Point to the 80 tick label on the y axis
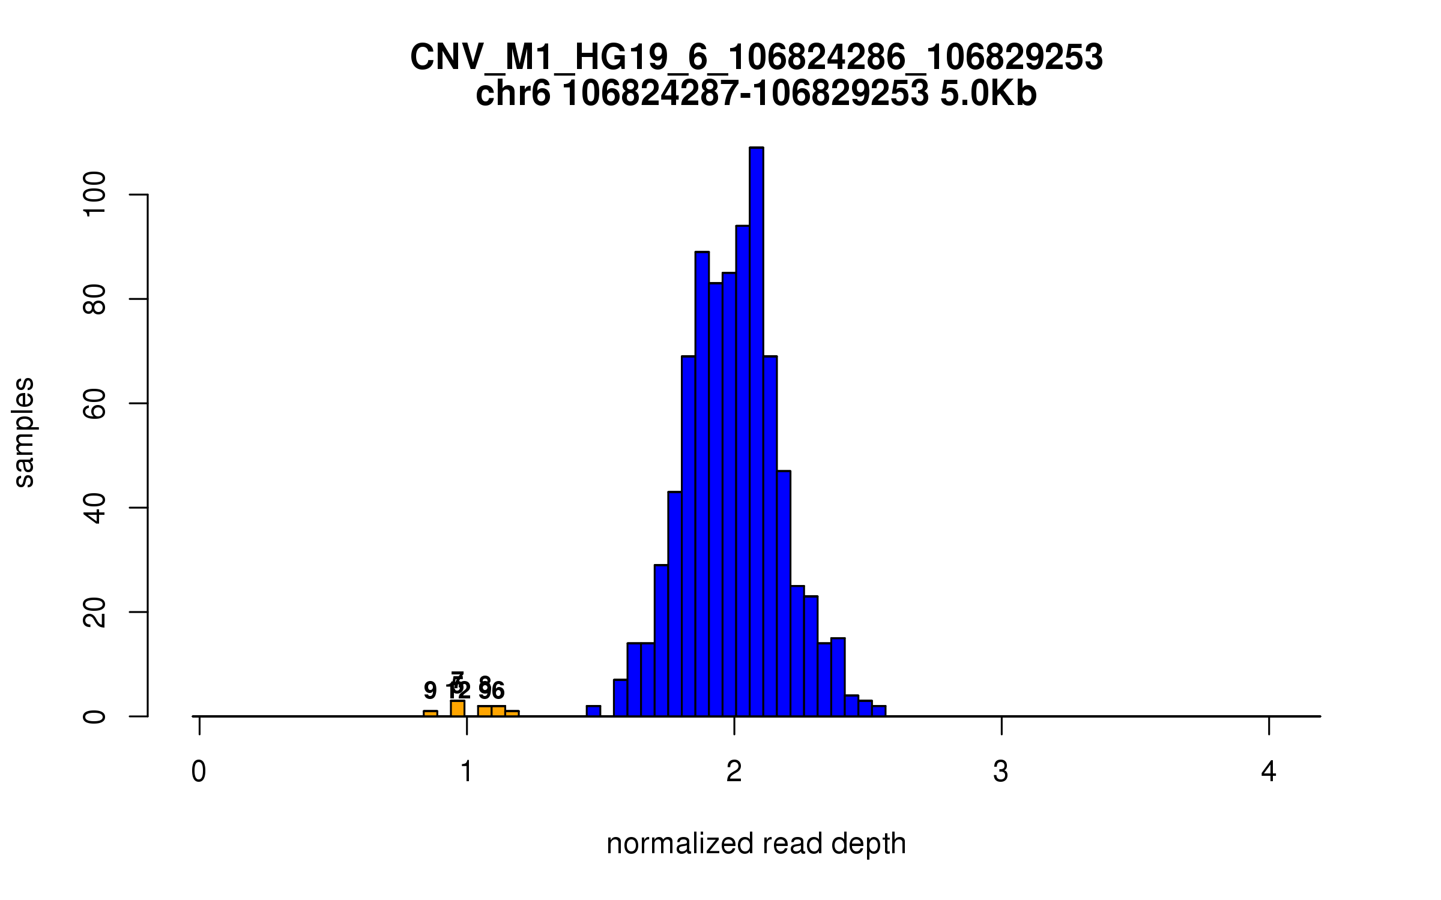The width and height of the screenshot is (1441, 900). pyautogui.click(x=94, y=299)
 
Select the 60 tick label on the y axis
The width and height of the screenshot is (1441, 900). pyautogui.click(x=94, y=403)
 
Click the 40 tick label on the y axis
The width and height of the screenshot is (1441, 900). pyautogui.click(x=94, y=508)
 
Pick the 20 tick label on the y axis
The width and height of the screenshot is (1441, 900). pyautogui.click(x=94, y=612)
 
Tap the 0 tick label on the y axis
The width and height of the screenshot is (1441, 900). pyautogui.click(x=94, y=716)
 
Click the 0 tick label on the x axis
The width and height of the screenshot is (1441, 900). pyautogui.click(x=199, y=772)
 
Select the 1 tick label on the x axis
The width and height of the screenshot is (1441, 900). pyautogui.click(x=467, y=772)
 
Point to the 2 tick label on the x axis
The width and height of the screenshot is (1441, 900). pyautogui.click(x=734, y=772)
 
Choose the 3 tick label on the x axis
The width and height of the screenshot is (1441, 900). pyautogui.click(x=1001, y=772)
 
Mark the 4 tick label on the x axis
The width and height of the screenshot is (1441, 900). pyautogui.click(x=1269, y=772)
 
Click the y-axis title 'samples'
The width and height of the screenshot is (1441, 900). pyautogui.click(x=24, y=432)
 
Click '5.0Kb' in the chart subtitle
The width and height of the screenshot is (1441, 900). pyautogui.click(x=988, y=94)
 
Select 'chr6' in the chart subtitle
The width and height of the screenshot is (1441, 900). pyautogui.click(x=513, y=94)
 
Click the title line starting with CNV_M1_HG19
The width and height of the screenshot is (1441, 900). pyautogui.click(x=756, y=58)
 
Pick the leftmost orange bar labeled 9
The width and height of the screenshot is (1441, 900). pyautogui.click(x=430, y=713)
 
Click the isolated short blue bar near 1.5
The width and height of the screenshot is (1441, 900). pyautogui.click(x=593, y=711)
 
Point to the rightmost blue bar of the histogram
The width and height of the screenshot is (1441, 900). pyautogui.click(x=879, y=711)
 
